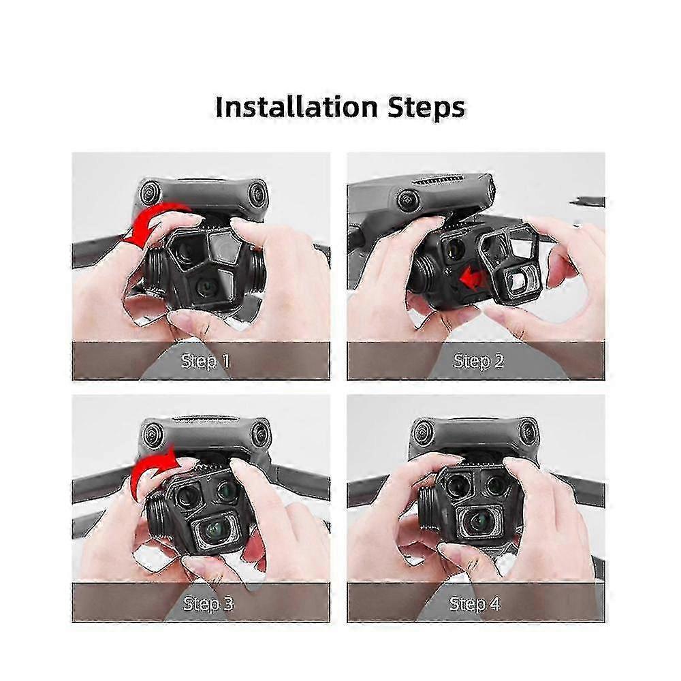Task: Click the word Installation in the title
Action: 297,107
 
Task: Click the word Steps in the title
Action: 426,108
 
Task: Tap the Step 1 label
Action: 206,362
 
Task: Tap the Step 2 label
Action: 479,362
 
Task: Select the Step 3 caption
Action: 208,603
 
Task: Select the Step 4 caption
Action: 475,603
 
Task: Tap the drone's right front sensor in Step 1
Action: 257,192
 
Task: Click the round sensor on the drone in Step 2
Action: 408,200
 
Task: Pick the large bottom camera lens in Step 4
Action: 480,521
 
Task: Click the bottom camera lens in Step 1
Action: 204,287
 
